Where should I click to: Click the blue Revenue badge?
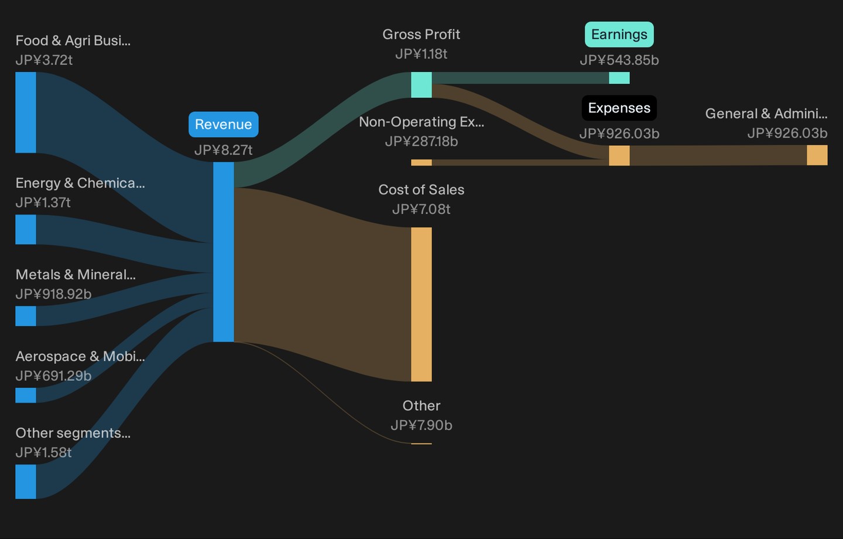[223, 124]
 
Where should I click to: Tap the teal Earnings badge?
[619, 35]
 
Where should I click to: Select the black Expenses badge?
[619, 108]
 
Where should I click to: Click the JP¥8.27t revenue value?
[223, 150]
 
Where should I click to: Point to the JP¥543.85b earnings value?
[619, 60]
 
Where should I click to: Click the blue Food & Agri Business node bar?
[26, 112]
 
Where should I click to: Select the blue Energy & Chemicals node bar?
[26, 230]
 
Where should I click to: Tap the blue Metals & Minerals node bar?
[26, 316]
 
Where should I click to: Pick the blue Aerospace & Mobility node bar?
[26, 395]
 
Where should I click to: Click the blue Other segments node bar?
[26, 482]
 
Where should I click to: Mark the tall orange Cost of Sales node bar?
[421, 304]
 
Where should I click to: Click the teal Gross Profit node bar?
[421, 85]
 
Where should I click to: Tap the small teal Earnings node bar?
[619, 77]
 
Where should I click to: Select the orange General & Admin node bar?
[817, 155]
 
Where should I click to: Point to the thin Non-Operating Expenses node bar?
[421, 162]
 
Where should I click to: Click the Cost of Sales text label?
[421, 189]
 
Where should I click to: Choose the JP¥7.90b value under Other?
[421, 425]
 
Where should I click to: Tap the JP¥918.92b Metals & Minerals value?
[53, 294]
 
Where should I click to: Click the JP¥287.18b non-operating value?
[421, 142]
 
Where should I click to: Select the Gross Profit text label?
[421, 35]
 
